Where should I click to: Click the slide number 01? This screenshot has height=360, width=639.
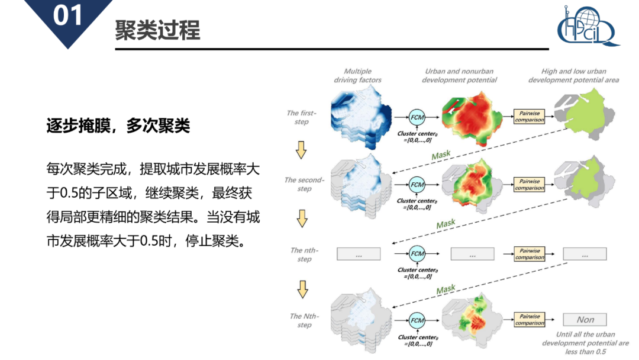tap(68, 16)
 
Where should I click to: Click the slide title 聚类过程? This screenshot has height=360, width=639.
tap(158, 30)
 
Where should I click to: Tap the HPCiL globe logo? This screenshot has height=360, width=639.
tap(588, 27)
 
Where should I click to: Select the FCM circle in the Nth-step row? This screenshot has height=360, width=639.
tap(418, 320)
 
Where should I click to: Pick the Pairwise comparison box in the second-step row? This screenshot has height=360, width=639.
tap(529, 185)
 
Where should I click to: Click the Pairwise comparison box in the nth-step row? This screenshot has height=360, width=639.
tap(529, 254)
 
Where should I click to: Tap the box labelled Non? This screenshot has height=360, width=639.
tap(585, 320)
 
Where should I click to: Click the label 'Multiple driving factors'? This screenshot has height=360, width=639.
tap(357, 76)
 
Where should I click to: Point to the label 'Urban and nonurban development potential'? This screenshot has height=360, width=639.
tap(459, 76)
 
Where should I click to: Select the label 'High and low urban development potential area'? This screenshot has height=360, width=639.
tap(573, 76)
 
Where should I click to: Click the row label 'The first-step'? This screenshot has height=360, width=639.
tap(302, 117)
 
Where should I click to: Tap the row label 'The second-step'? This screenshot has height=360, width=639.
tap(304, 184)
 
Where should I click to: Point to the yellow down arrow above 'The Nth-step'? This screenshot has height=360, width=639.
tap(303, 289)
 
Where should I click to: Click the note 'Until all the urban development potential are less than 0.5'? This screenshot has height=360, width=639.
tap(585, 343)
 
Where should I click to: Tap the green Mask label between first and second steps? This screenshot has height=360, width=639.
tap(441, 156)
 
